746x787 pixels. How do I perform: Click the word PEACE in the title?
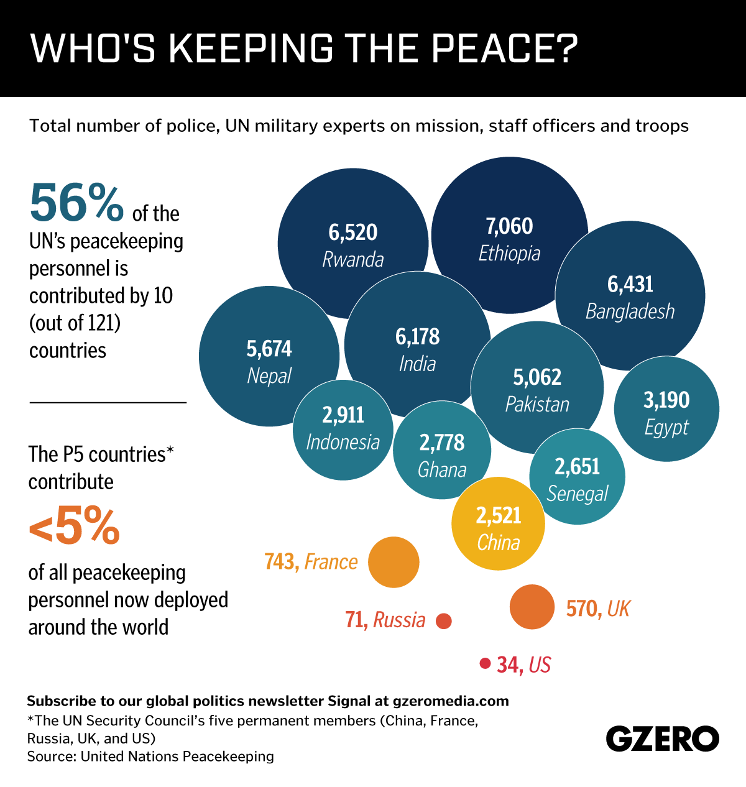click(x=495, y=48)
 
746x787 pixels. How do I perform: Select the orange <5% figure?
click(x=74, y=525)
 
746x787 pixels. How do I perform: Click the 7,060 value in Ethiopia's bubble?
click(x=509, y=226)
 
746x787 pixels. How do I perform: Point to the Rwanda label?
click(x=353, y=259)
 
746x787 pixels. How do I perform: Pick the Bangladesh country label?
click(x=630, y=311)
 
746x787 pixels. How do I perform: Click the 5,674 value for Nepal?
click(x=269, y=349)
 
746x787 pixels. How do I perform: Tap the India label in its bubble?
click(x=417, y=364)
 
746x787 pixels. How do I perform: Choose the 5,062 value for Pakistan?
click(x=537, y=377)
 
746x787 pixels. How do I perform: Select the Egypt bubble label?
click(x=666, y=427)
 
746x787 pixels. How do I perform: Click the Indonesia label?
click(x=343, y=442)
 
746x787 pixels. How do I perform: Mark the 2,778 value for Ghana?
click(x=442, y=443)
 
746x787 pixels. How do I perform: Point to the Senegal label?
click(x=578, y=494)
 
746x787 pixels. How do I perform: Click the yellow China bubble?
click(x=498, y=523)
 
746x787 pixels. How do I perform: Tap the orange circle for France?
click(x=394, y=562)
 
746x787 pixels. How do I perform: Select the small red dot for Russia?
click(x=444, y=620)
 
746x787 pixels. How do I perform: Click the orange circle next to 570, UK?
click(x=532, y=607)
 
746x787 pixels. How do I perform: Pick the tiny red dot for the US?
click(x=485, y=663)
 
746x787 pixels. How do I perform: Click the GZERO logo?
click(x=663, y=739)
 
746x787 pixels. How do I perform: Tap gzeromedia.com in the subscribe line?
click(x=451, y=701)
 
